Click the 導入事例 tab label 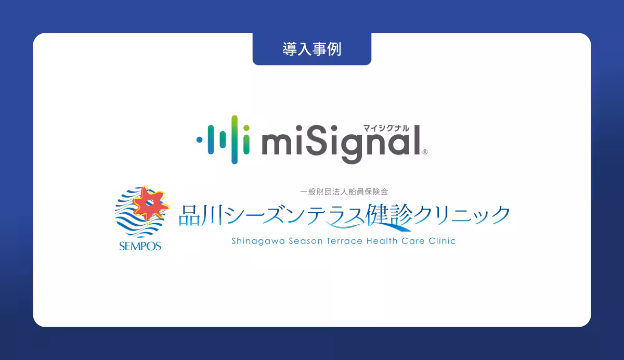click(311, 49)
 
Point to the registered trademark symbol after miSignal click(425, 152)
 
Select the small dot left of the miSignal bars click(199, 139)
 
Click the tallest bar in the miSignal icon click(235, 139)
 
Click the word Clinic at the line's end click(441, 241)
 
